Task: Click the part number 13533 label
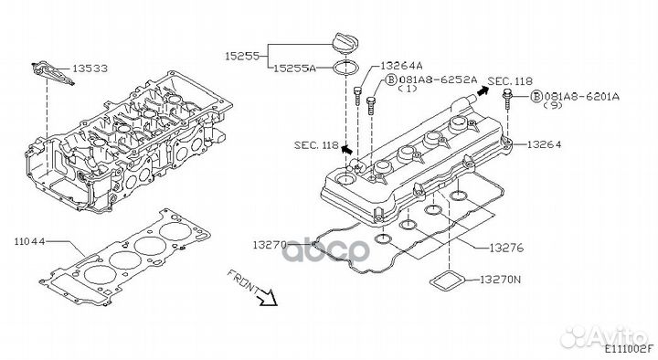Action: (90, 69)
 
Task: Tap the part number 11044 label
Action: (29, 242)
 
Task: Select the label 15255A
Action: (294, 68)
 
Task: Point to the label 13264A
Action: (401, 66)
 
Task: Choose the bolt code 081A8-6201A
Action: (581, 97)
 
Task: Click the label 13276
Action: (506, 248)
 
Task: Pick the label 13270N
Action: (500, 280)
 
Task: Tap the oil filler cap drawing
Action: (345, 42)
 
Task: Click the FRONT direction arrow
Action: (268, 297)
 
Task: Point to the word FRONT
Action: (242, 281)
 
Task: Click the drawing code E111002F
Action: (629, 348)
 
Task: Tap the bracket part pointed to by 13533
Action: (51, 73)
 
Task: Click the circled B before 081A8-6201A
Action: (536, 97)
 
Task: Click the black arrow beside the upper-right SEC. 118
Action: (483, 90)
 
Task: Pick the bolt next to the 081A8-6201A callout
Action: (507, 99)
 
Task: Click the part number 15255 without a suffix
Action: (241, 56)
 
